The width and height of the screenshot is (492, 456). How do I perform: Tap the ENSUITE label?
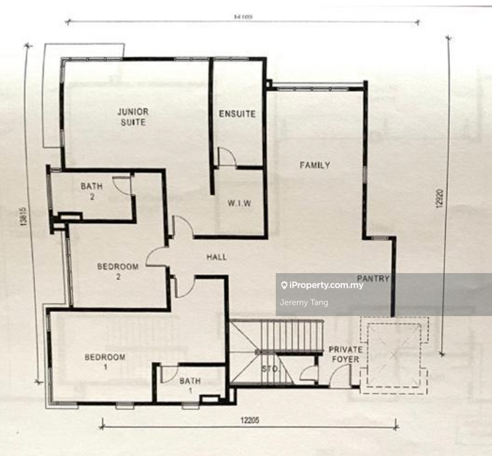coord(237,114)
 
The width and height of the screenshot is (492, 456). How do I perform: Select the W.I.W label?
coord(240,203)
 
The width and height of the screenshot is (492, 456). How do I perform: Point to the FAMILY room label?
coord(314,165)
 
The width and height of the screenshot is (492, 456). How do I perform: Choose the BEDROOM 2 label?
coord(117,272)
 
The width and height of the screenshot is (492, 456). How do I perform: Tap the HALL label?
coord(216,257)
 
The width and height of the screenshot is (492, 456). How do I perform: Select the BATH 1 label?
coord(190,387)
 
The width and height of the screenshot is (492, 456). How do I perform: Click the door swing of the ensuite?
coord(226,157)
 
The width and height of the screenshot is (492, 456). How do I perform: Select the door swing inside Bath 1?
coord(169,374)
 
